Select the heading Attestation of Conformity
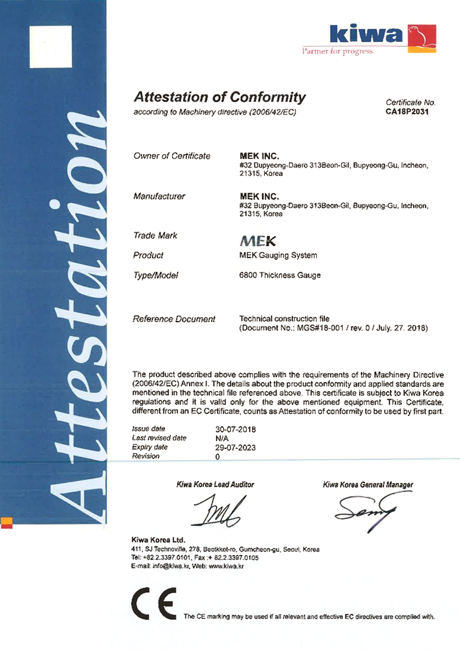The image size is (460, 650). point(219,97)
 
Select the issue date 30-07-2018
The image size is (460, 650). point(235,429)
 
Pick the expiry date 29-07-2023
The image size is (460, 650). point(235,447)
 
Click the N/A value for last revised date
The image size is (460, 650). point(221,439)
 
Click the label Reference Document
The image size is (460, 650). point(174,319)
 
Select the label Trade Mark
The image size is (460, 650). point(155,236)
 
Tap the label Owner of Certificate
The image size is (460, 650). point(171,156)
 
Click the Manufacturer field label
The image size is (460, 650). point(159,196)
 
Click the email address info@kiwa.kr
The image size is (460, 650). point(171,566)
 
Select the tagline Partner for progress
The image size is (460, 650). point(338,52)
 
